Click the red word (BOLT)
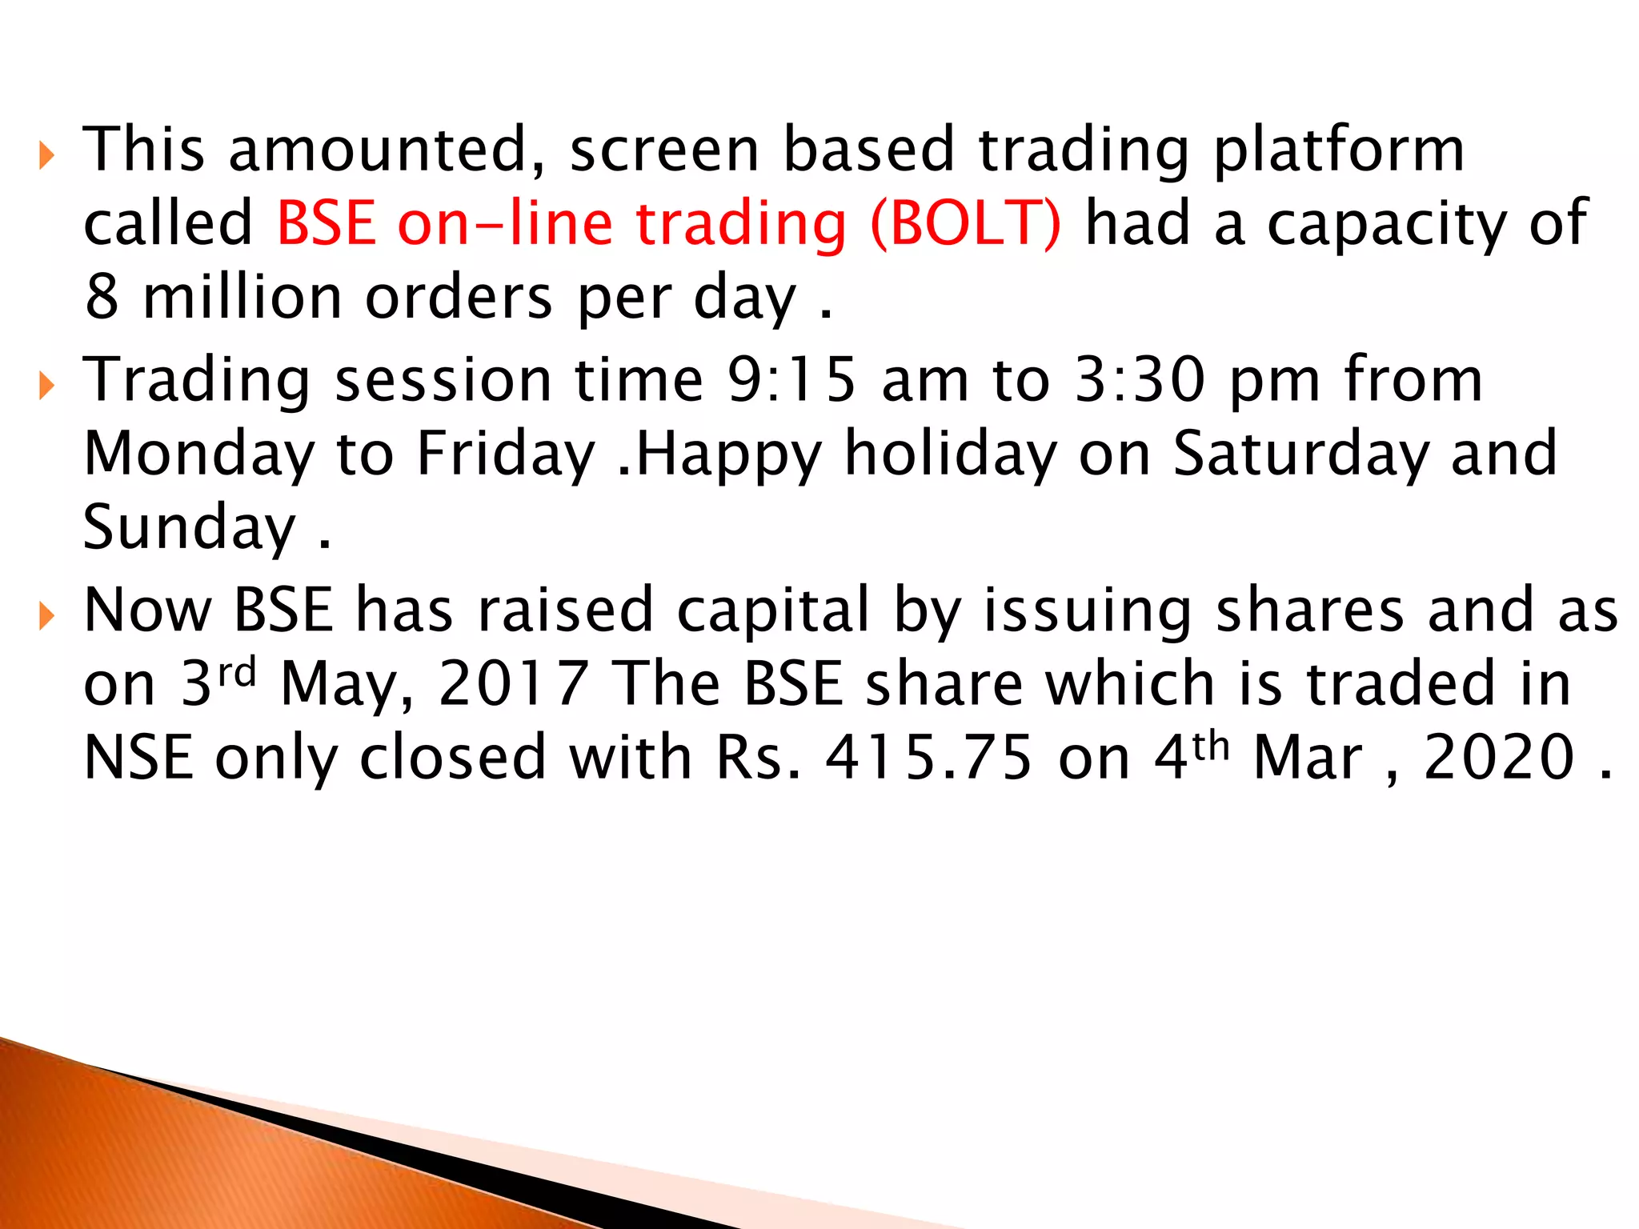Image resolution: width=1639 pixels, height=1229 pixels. coord(966,224)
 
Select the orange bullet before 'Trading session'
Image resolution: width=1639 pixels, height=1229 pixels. coord(46,386)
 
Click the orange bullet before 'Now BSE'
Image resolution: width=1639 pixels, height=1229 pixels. coord(46,617)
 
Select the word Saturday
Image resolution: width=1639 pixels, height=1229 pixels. coord(1300,454)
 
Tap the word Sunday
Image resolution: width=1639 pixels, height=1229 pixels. coord(189,528)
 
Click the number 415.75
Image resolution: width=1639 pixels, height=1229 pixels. coord(928,758)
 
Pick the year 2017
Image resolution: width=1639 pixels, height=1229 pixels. coord(514,684)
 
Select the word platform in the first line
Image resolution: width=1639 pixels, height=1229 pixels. coord(1338,152)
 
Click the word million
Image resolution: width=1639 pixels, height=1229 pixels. coord(242,298)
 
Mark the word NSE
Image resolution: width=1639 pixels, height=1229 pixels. coord(138,758)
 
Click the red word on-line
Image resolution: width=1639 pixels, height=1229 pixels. coord(505,224)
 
